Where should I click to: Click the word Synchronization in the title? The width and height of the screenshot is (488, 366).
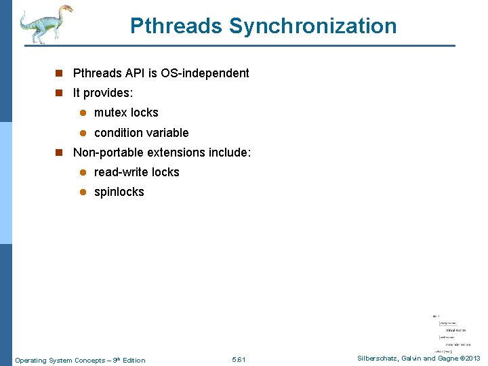(x=312, y=26)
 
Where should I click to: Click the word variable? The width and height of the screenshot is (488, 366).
(x=168, y=133)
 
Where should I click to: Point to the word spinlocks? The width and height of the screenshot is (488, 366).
(x=119, y=192)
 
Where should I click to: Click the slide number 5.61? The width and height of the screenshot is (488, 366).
(x=239, y=360)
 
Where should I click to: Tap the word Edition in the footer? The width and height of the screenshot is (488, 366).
(x=133, y=360)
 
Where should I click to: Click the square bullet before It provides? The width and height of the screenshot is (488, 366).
(x=60, y=94)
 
